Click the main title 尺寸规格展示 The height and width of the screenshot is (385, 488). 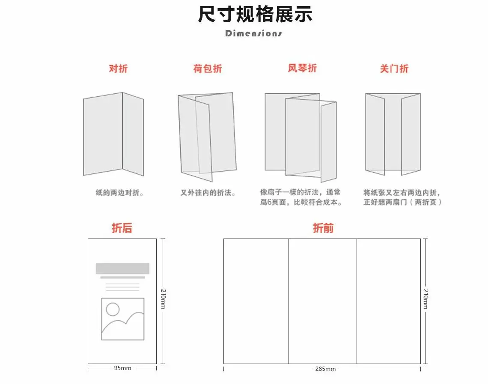255,14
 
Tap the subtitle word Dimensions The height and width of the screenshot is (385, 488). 253,33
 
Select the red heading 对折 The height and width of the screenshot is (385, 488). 118,69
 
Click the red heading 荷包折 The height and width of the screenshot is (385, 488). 208,69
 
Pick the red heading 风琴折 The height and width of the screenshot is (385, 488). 302,68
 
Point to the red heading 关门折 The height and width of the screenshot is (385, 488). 394,69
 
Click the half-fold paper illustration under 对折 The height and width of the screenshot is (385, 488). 113,134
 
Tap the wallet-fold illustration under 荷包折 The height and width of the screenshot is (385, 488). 207,137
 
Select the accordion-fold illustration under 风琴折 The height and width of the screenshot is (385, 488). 301,137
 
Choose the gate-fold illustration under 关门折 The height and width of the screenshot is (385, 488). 393,134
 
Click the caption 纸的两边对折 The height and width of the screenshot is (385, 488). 119,193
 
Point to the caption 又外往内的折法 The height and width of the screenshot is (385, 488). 208,193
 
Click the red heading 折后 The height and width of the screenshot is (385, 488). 122,228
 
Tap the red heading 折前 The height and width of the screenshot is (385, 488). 323,228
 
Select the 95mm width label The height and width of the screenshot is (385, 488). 122,368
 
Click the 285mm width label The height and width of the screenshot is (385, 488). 325,369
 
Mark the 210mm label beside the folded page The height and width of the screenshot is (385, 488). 164,299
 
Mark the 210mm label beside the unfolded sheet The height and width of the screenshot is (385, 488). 426,299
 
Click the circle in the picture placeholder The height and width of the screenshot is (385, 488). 113,309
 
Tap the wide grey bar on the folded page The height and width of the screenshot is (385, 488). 122,269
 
